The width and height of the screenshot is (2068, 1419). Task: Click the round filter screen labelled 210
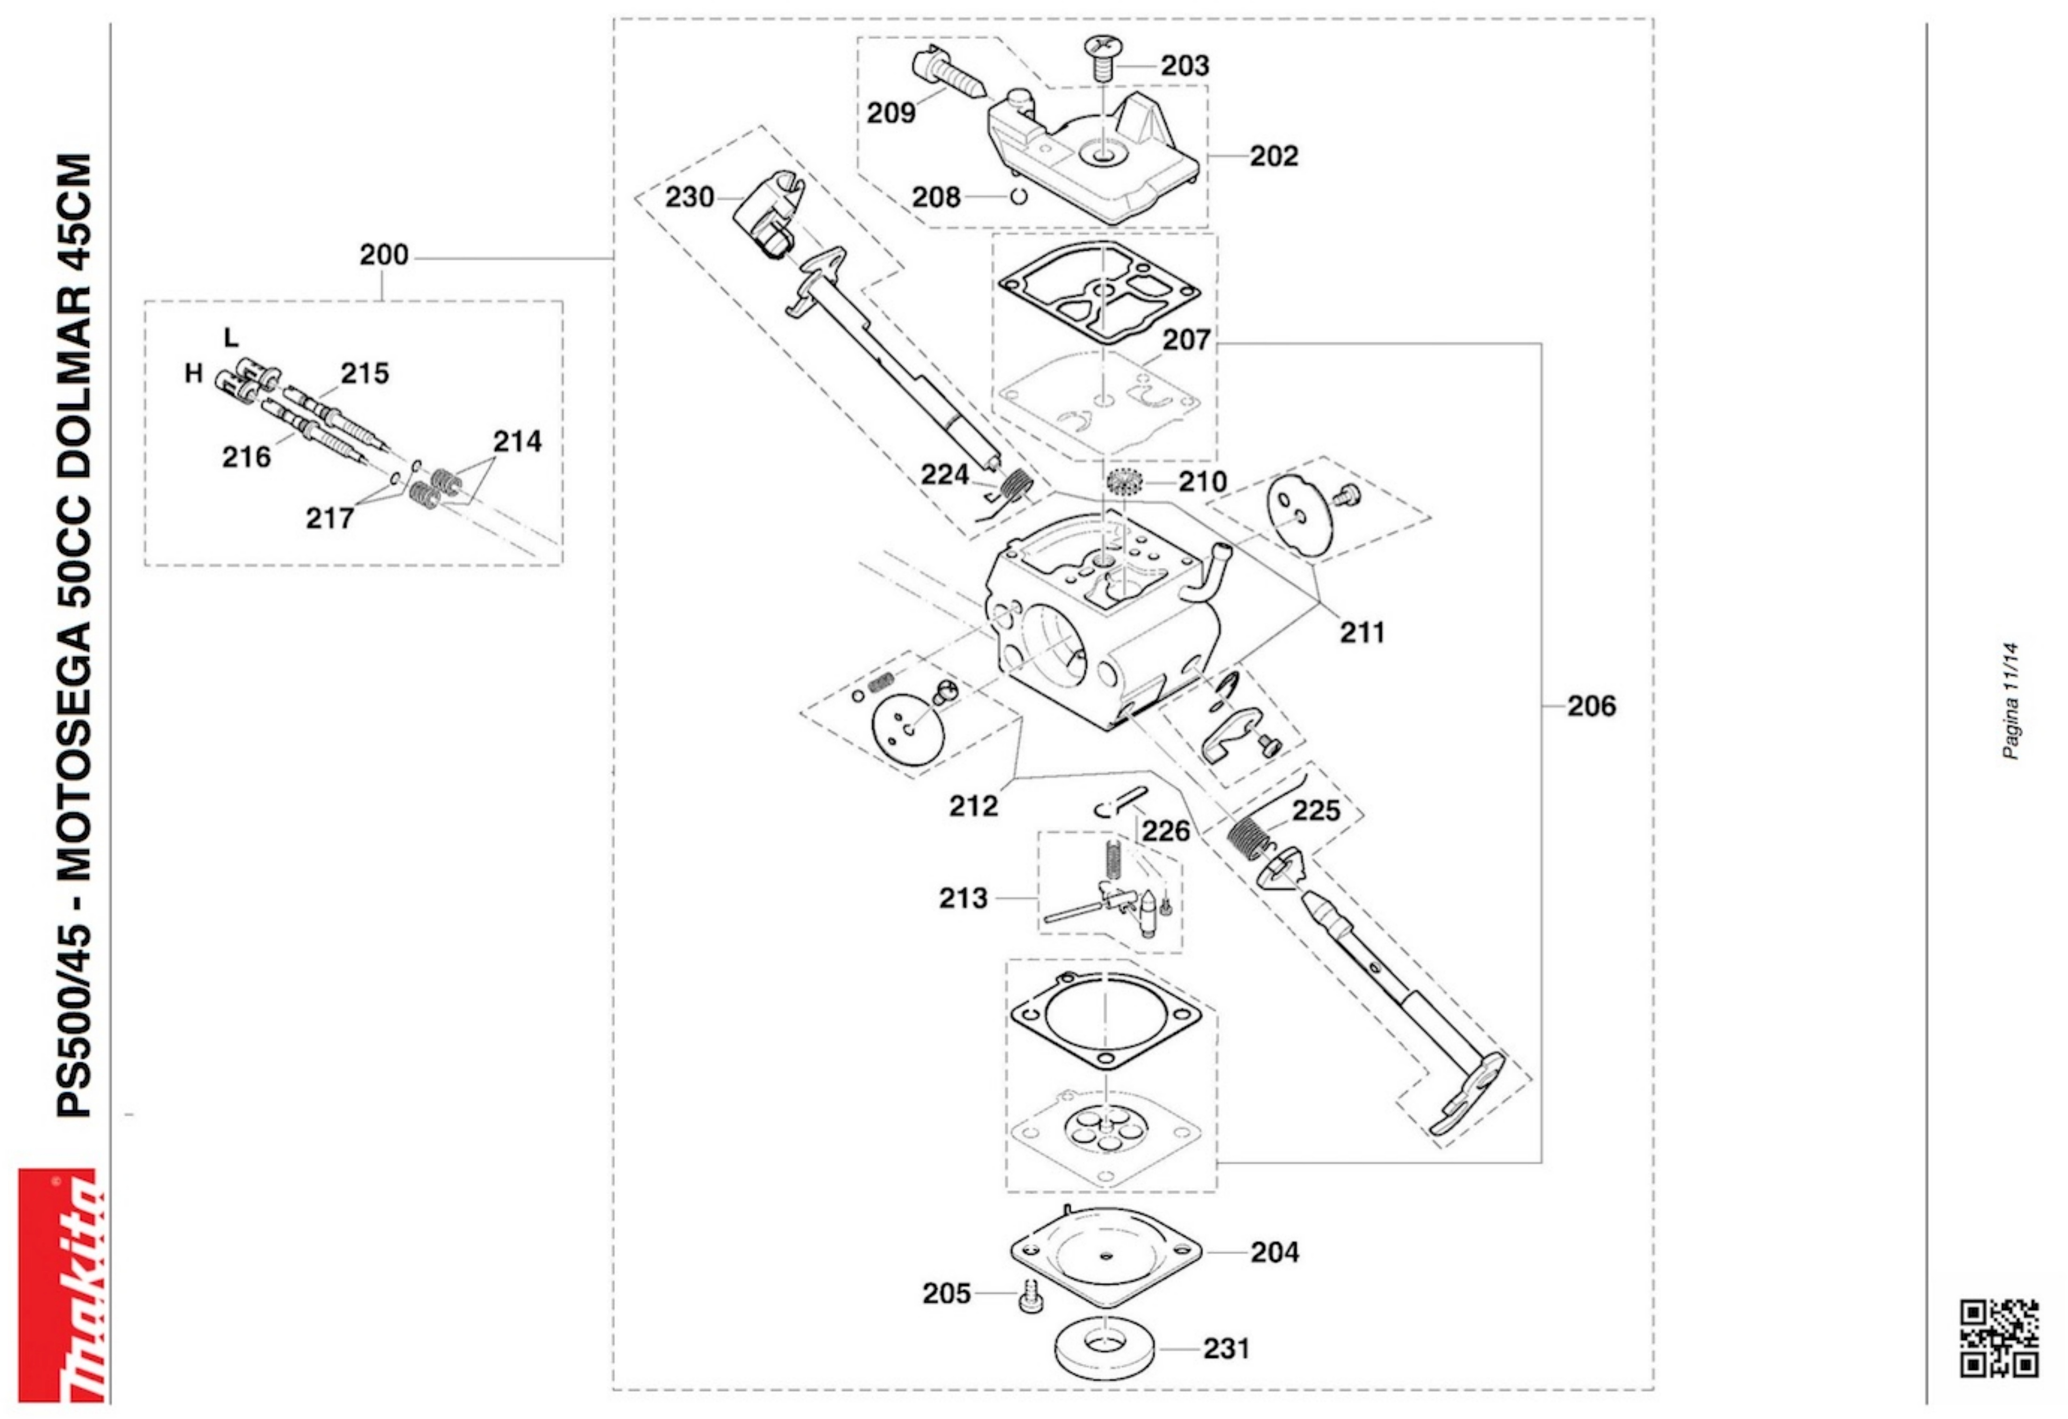pyautogui.click(x=1124, y=485)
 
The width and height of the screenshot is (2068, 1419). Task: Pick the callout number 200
pyautogui.click(x=384, y=255)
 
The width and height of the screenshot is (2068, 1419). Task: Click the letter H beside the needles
pyautogui.click(x=193, y=374)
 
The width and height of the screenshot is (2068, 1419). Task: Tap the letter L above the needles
pyautogui.click(x=230, y=337)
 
